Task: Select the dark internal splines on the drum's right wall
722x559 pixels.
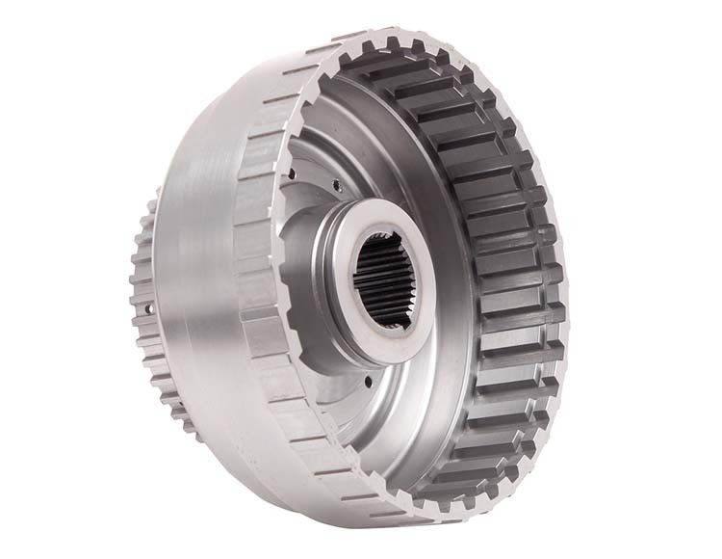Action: point(501,260)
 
